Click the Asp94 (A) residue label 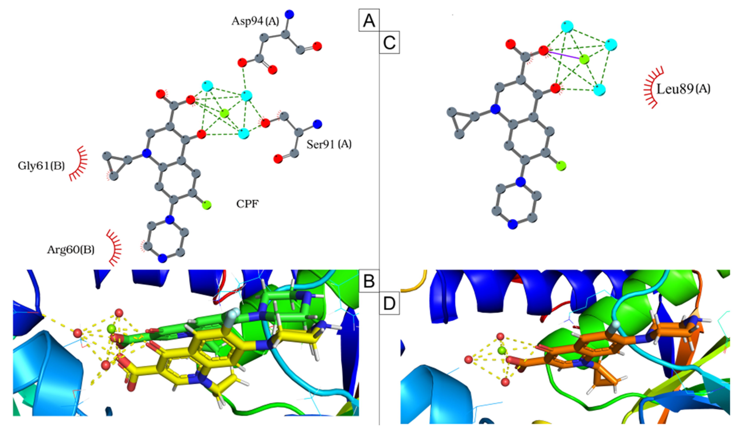[255, 21]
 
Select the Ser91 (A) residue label [329, 144]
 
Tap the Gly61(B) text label [41, 166]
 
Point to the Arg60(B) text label [71, 250]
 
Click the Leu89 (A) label [683, 89]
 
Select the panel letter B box [369, 281]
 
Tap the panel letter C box [389, 42]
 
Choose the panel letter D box [389, 303]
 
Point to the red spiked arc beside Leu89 [653, 87]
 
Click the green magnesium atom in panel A [224, 113]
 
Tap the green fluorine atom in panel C [561, 166]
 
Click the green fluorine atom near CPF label [207, 204]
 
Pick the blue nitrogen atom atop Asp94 [289, 14]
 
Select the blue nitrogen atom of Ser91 [317, 124]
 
